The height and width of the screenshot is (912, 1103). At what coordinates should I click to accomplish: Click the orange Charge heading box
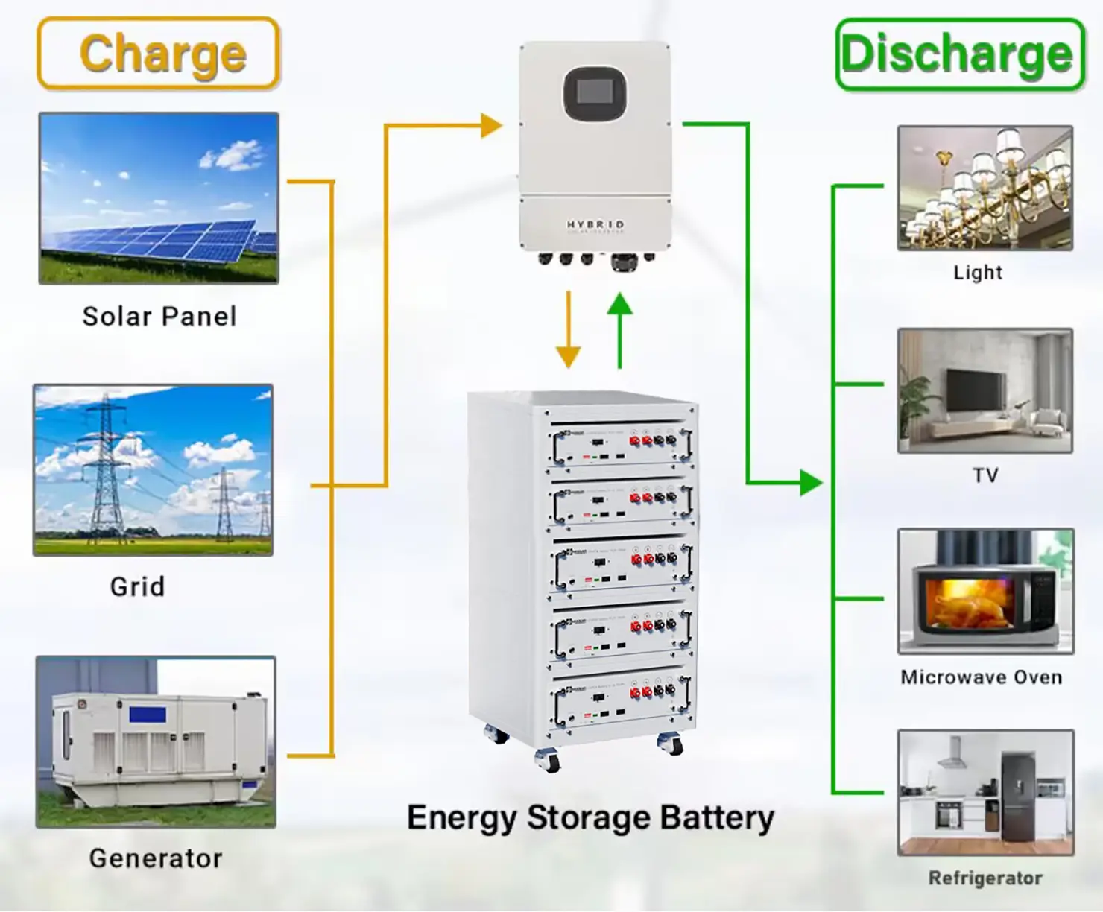(x=158, y=54)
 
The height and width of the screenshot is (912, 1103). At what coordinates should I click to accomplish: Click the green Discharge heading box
(x=959, y=55)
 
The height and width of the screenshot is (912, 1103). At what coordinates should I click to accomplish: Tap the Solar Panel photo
(x=159, y=198)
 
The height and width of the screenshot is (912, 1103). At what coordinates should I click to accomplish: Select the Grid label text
(x=137, y=587)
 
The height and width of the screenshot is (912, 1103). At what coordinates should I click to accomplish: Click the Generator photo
(x=156, y=742)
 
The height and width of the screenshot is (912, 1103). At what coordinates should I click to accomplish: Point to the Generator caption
(x=155, y=858)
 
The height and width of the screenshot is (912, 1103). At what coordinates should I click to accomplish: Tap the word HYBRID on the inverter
(x=595, y=224)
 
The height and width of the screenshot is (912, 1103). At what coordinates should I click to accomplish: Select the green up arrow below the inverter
(x=619, y=328)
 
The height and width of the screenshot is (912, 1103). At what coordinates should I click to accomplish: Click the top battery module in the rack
(x=621, y=446)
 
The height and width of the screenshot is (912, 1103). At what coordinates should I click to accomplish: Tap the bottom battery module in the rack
(x=621, y=702)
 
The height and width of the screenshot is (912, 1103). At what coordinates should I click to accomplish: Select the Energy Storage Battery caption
(x=590, y=817)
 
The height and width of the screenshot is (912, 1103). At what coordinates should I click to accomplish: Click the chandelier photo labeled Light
(x=985, y=188)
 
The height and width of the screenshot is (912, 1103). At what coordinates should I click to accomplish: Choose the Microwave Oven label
(x=981, y=677)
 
